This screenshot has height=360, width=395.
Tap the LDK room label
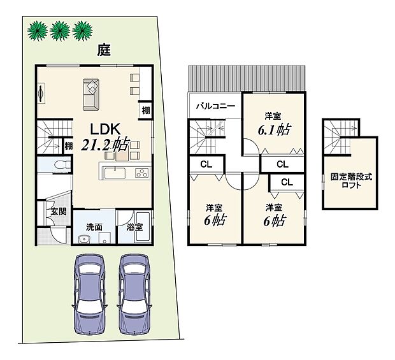[97, 127]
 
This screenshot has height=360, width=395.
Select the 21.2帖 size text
[106, 145]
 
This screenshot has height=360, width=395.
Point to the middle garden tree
[60, 29]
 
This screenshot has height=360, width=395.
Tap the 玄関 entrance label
[59, 212]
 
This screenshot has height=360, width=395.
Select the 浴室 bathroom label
[134, 226]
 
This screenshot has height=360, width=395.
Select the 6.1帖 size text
[274, 129]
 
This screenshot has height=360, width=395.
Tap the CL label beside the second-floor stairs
[206, 164]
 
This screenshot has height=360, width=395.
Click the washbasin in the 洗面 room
[83, 239]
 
